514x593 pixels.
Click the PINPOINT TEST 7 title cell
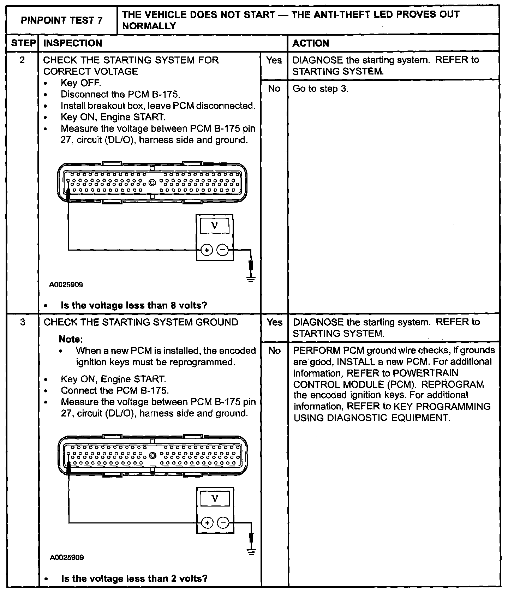[x=62, y=20]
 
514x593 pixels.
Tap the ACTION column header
[x=311, y=43]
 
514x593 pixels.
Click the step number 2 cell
[x=22, y=60]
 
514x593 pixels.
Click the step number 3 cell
[x=23, y=323]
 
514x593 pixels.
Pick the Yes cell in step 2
[x=274, y=60]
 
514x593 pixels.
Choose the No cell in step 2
[x=274, y=89]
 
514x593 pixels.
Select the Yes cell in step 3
[x=275, y=323]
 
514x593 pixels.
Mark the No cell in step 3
[x=275, y=351]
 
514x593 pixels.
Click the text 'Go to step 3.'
[x=321, y=89]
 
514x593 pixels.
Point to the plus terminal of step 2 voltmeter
[x=207, y=250]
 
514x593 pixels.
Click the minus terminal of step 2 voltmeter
[x=223, y=250]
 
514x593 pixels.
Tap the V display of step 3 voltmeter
[x=215, y=499]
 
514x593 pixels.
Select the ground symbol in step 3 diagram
[x=251, y=552]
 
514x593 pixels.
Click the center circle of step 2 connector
[x=153, y=183]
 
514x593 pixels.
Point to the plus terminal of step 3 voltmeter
[x=207, y=523]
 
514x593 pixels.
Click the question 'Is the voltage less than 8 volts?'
[x=134, y=305]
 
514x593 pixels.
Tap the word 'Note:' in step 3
[x=71, y=339]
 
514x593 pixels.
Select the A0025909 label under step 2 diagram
[x=67, y=285]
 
